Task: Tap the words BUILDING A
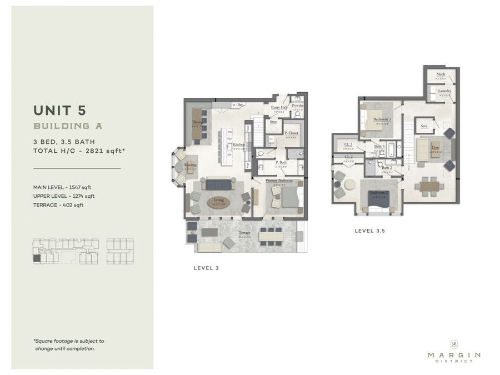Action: coord(68,126)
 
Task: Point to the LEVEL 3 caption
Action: coord(206,268)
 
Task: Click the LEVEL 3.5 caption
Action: coord(369,230)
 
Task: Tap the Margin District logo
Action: coord(454,351)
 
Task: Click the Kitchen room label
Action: coord(238,144)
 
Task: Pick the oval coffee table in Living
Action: coord(218,203)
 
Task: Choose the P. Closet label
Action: coord(292,133)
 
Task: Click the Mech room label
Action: coord(441,74)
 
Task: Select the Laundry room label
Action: coord(444,91)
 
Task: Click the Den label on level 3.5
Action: coord(435,148)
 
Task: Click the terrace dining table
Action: coord(271,236)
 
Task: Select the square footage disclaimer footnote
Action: coord(68,344)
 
